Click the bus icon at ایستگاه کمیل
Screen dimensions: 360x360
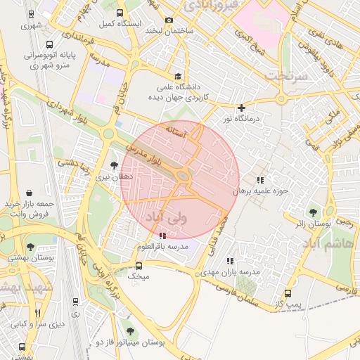(120, 13)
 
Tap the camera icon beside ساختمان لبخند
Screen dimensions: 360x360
(168, 20)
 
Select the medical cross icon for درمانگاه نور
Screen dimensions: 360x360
(242, 108)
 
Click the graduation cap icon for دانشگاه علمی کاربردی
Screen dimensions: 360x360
(178, 77)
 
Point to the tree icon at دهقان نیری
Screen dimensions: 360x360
(115, 165)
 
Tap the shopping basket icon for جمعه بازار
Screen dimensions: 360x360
(29, 192)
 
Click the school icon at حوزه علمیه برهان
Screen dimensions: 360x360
(261, 181)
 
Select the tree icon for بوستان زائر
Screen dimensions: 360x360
(313, 212)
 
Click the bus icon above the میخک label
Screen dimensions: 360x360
(139, 266)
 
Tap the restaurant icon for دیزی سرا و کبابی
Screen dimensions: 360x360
(37, 314)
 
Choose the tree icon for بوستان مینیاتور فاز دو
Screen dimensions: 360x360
(129, 330)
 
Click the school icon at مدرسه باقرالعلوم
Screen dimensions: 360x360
(163, 236)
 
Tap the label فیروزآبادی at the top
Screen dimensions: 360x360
(212, 6)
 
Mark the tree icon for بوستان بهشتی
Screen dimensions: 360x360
(30, 246)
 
